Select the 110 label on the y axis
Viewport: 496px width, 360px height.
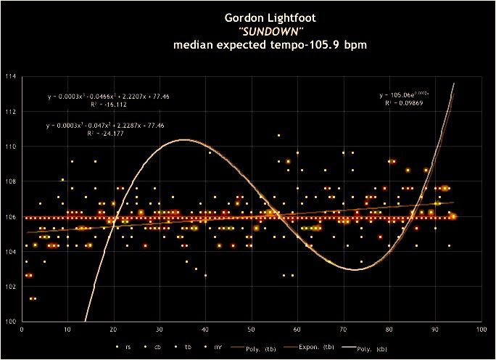point(11,146)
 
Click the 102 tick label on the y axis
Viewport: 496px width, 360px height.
point(11,286)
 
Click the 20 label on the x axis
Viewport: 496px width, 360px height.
point(114,330)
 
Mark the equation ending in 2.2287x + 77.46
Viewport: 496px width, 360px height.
point(106,126)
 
